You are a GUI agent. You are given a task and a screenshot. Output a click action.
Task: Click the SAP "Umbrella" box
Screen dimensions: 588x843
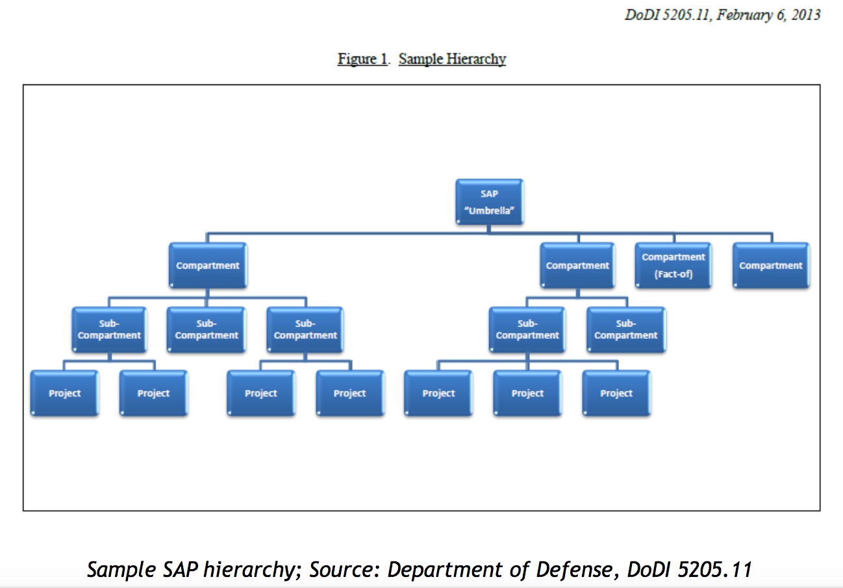point(490,202)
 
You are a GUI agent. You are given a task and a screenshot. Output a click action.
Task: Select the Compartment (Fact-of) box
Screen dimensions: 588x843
point(673,265)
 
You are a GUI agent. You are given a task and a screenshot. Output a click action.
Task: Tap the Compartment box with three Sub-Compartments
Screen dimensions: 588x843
point(207,265)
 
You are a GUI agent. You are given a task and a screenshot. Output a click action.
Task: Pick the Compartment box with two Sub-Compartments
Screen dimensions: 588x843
point(577,265)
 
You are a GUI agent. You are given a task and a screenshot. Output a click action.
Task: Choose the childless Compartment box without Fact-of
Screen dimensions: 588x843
point(770,265)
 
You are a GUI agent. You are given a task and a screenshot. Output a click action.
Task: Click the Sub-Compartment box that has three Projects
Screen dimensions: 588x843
point(527,330)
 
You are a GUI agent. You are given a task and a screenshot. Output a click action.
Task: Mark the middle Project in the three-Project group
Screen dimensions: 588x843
point(527,393)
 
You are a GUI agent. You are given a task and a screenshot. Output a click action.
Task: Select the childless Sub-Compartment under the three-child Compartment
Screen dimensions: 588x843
point(207,330)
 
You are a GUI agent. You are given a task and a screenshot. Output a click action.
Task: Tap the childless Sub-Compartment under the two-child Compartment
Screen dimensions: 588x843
point(625,330)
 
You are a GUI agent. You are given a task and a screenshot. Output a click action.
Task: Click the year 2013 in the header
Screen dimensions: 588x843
point(804,14)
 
